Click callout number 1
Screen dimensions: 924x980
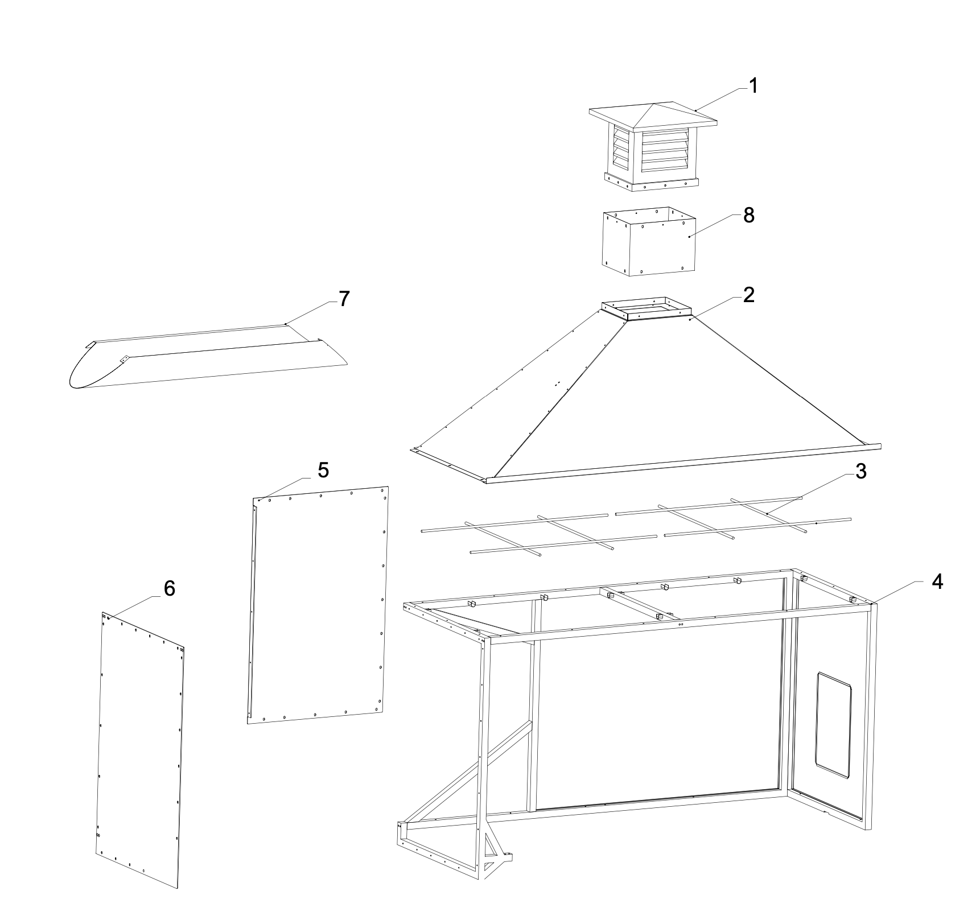[753, 86]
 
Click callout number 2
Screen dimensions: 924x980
[748, 295]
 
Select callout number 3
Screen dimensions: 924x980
[860, 471]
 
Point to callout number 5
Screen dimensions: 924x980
[323, 470]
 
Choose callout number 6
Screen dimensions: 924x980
[169, 589]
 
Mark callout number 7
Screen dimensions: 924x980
[344, 299]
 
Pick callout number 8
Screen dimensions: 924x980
[748, 216]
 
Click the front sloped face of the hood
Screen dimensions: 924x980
[683, 398]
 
